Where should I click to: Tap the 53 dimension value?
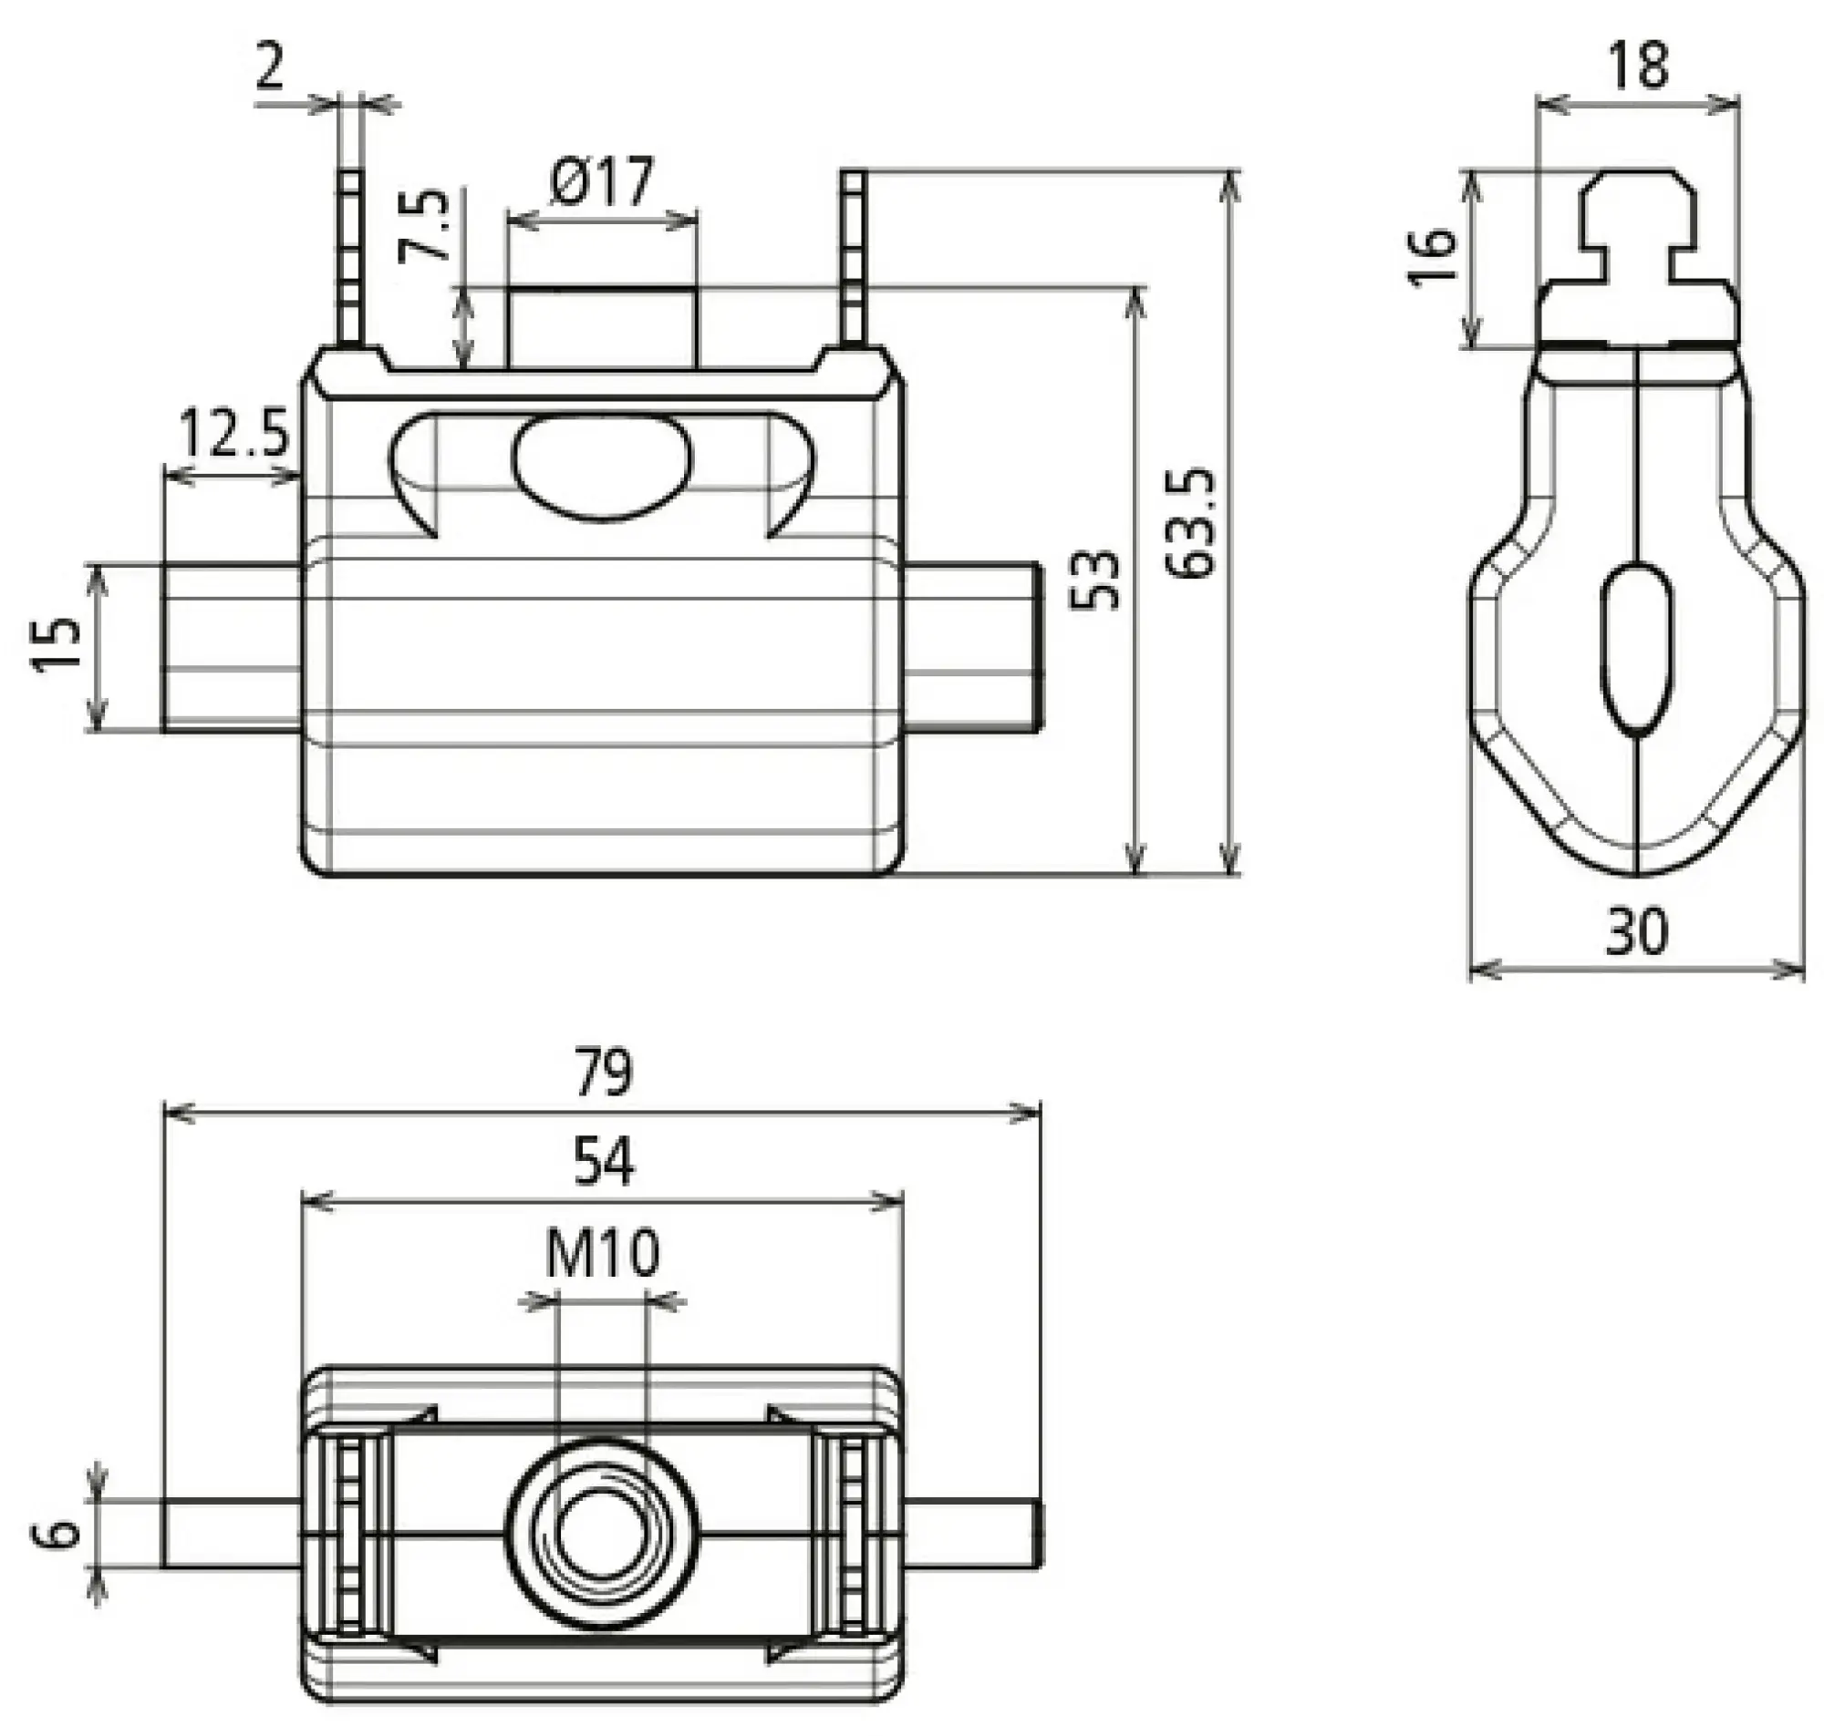point(1095,580)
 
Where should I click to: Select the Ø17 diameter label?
point(601,181)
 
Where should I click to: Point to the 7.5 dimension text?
point(425,226)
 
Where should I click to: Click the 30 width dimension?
point(1636,931)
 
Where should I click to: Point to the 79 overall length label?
point(602,1072)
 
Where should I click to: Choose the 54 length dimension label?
point(603,1162)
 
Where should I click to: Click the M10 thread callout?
point(602,1254)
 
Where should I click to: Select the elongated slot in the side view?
point(1638,649)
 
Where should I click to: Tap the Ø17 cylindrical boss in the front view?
point(602,328)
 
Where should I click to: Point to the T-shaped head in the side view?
point(1638,231)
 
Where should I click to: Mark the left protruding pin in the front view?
point(232,648)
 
